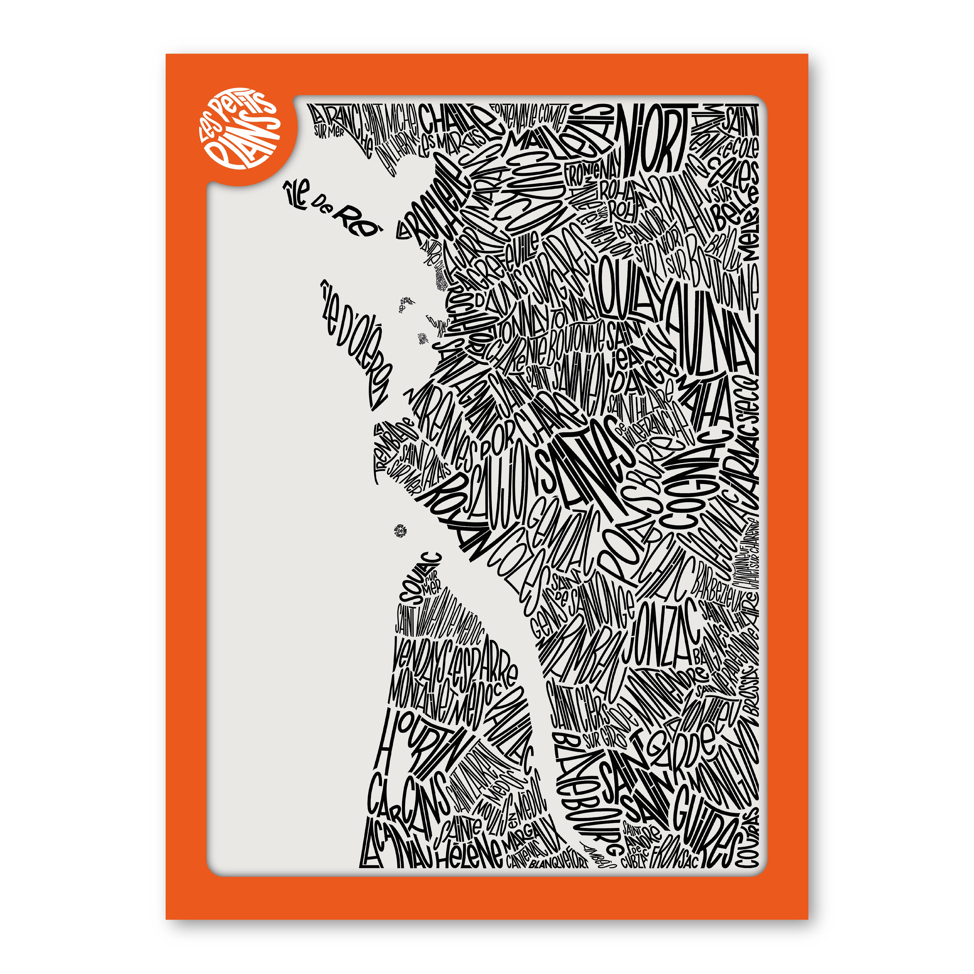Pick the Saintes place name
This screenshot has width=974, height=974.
[x=585, y=469]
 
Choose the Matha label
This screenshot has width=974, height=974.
[x=706, y=403]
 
